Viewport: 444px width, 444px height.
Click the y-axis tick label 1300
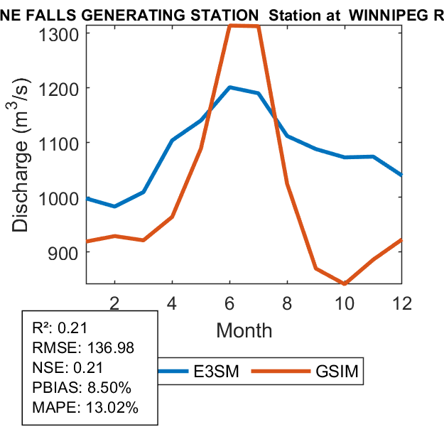click(x=60, y=33)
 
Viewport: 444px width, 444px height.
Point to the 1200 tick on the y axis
click(x=60, y=87)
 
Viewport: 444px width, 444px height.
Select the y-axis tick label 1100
click(x=60, y=142)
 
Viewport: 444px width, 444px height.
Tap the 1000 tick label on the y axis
click(x=60, y=197)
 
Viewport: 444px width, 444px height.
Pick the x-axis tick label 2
click(x=114, y=302)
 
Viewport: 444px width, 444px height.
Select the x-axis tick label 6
click(x=229, y=302)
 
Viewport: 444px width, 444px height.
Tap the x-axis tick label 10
click(x=345, y=302)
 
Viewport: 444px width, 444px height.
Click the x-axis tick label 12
click(x=402, y=302)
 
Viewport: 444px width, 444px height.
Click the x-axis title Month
click(x=244, y=330)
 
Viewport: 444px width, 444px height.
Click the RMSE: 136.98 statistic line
click(x=83, y=347)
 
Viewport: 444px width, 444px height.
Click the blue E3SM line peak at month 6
click(x=229, y=87)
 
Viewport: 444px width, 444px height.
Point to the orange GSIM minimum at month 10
click(x=345, y=283)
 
